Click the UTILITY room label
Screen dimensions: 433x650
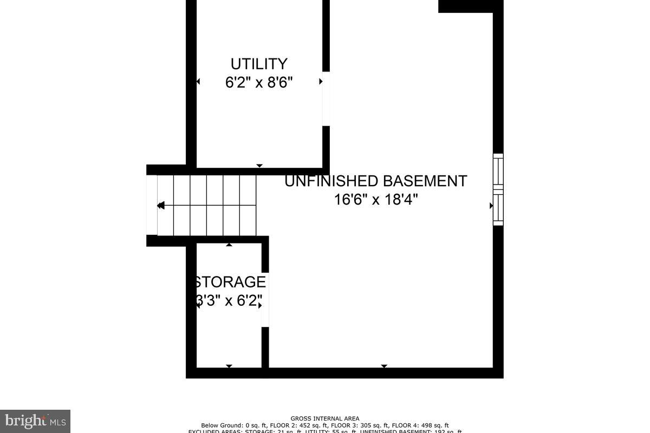259,64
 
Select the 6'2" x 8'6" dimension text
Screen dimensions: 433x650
259,83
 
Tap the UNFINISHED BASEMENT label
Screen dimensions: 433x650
375,181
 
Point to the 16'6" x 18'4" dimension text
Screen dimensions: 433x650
376,200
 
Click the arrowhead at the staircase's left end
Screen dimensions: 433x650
160,206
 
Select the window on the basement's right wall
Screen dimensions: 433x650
498,189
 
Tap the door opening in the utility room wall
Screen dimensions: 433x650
326,99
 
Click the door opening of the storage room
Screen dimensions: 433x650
265,299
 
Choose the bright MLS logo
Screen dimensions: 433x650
35,421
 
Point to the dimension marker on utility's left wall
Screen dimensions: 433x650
198,82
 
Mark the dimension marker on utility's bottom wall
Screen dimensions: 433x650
259,166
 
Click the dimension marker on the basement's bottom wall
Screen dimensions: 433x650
384,366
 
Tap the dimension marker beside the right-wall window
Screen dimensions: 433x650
491,206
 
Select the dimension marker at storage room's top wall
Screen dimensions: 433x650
229,245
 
